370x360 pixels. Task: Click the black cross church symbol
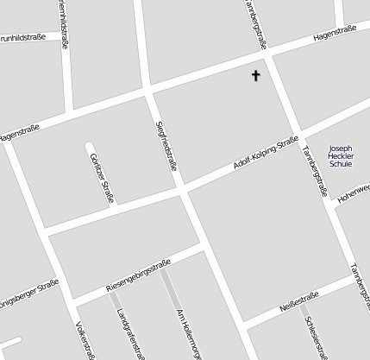click(x=255, y=76)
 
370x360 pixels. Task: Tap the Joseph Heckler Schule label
click(x=341, y=155)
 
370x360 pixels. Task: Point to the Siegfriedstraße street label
click(x=166, y=146)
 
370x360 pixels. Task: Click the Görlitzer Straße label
click(x=101, y=175)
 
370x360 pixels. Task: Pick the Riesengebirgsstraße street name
click(x=138, y=274)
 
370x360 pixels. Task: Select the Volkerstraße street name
click(x=85, y=341)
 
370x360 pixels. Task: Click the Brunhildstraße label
click(x=22, y=38)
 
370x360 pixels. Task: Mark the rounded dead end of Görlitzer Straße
click(x=89, y=144)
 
